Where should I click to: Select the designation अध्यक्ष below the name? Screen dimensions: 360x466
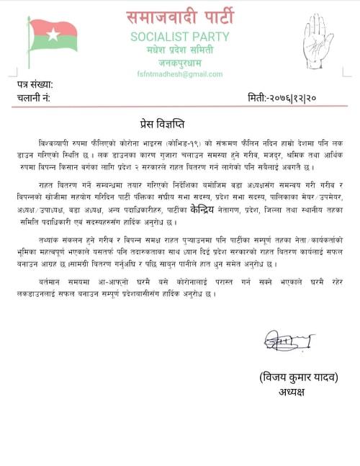(x=296, y=392)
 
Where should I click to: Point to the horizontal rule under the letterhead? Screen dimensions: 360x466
(x=180, y=79)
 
